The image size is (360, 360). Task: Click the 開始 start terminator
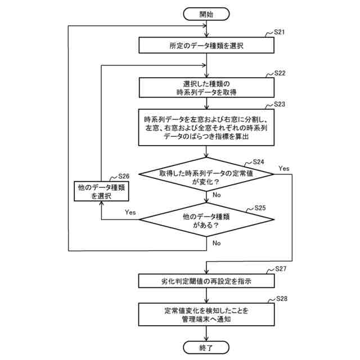pyautogui.click(x=206, y=14)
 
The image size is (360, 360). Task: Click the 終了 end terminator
pyautogui.click(x=206, y=348)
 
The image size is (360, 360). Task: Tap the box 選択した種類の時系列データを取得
pyautogui.click(x=206, y=88)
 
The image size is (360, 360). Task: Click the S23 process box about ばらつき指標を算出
pyautogui.click(x=206, y=128)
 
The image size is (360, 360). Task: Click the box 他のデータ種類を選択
pyautogui.click(x=101, y=192)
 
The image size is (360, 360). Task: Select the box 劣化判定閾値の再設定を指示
pyautogui.click(x=206, y=280)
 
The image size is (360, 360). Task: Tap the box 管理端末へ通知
pyautogui.click(x=206, y=314)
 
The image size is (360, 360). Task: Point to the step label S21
pyautogui.click(x=280, y=32)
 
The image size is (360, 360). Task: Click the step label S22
pyautogui.click(x=280, y=74)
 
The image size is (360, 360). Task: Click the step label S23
pyautogui.click(x=280, y=104)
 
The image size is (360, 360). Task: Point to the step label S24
pyautogui.click(x=259, y=162)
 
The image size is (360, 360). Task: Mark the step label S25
pyautogui.click(x=260, y=208)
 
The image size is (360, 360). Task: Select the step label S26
pyautogui.click(x=123, y=177)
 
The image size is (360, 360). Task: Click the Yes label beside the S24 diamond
pyautogui.click(x=283, y=168)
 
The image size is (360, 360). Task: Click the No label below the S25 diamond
pyautogui.click(x=217, y=243)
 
